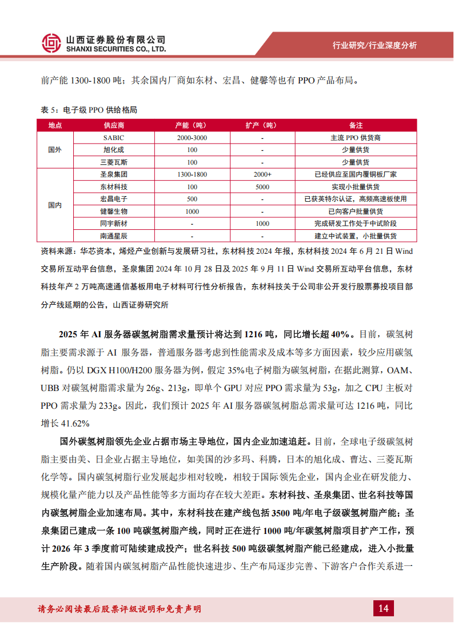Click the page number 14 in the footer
point(383,608)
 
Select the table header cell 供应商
point(114,125)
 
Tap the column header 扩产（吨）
point(262,125)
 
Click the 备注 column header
point(356,125)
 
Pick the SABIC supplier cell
point(114,138)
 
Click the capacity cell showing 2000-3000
point(192,138)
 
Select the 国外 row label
point(55,150)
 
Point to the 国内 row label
point(55,205)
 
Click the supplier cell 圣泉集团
point(114,174)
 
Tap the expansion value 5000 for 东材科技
point(262,187)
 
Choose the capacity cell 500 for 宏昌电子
point(192,199)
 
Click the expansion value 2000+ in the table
point(262,174)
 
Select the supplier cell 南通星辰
point(114,236)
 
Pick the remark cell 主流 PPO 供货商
point(356,138)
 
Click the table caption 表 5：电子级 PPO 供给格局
point(89,110)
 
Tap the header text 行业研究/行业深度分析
point(375,46)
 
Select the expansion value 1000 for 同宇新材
point(262,224)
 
